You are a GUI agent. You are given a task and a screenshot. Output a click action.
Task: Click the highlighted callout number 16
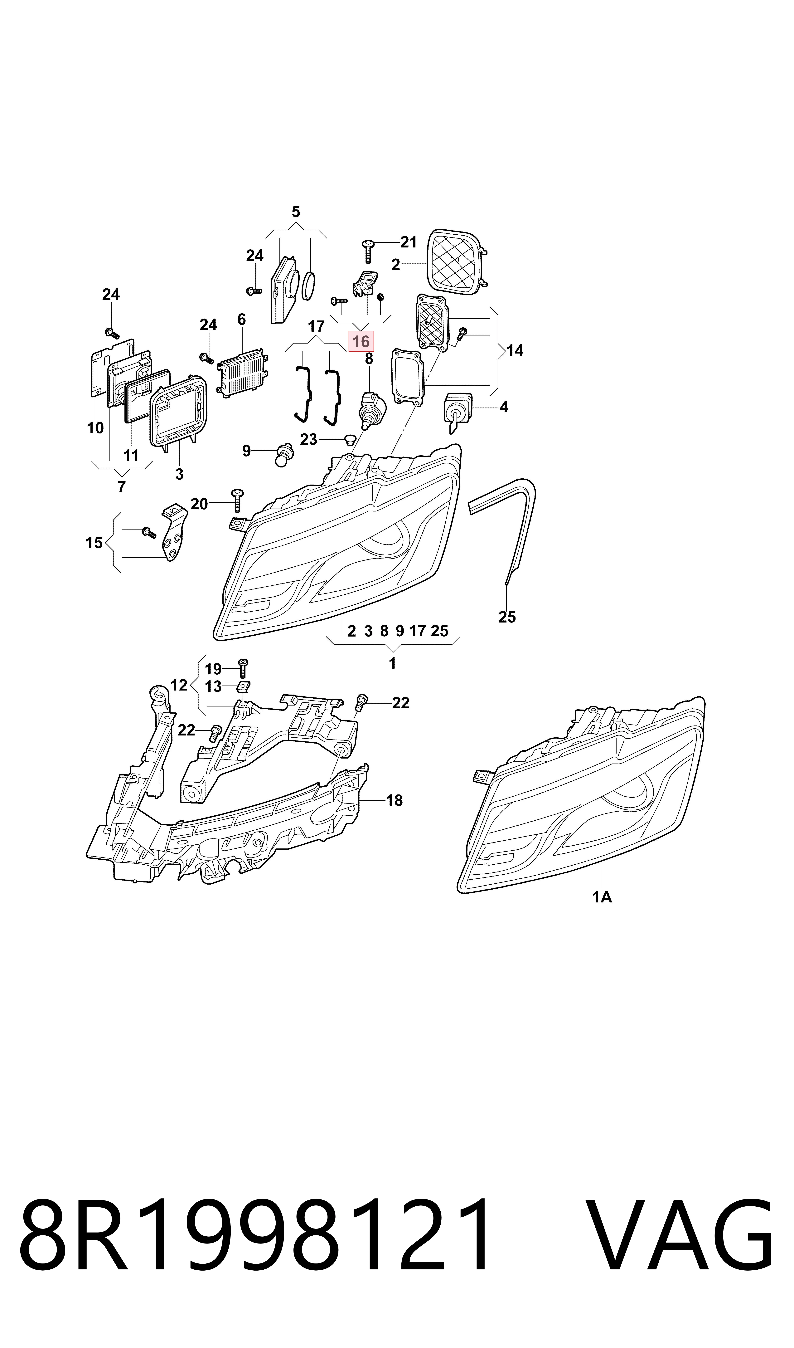coord(361,341)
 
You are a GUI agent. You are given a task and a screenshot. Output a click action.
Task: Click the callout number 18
coord(394,801)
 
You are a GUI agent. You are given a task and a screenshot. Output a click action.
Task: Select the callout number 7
coord(121,486)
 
